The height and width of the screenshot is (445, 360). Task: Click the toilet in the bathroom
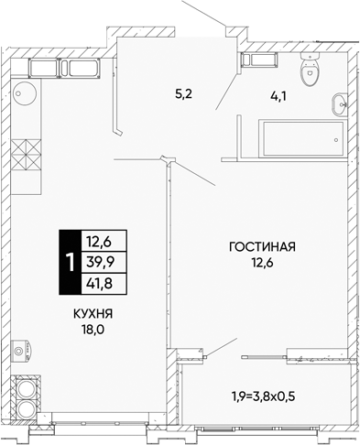pyautogui.click(x=310, y=69)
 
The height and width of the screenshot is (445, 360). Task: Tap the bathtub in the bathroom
pyautogui.click(x=303, y=138)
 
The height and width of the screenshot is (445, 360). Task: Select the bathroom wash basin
pyautogui.click(x=340, y=104)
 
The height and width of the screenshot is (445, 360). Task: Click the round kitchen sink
pyautogui.click(x=26, y=93)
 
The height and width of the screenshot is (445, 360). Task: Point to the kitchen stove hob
pyautogui.click(x=26, y=155)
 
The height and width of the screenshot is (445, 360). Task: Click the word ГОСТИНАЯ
pyautogui.click(x=262, y=246)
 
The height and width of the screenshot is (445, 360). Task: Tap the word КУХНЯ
pyautogui.click(x=93, y=313)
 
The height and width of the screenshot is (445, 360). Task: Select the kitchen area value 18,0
pyautogui.click(x=93, y=330)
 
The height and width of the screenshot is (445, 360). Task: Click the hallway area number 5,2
pyautogui.click(x=183, y=93)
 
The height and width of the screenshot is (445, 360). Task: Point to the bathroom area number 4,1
pyautogui.click(x=278, y=96)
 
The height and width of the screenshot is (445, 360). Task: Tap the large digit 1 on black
pyautogui.click(x=71, y=263)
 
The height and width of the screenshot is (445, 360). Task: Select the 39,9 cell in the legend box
pyautogui.click(x=100, y=262)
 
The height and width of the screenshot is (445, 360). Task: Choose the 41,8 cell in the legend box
pyautogui.click(x=100, y=284)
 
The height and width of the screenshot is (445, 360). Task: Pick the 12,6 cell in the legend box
pyautogui.click(x=100, y=241)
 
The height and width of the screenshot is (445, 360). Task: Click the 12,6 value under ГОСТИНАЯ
pyautogui.click(x=262, y=263)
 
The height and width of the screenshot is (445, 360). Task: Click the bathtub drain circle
pyautogui.click(x=336, y=140)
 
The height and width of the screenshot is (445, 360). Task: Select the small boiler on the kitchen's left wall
pyautogui.click(x=22, y=350)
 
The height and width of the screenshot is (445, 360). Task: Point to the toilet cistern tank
pyautogui.click(x=310, y=56)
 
